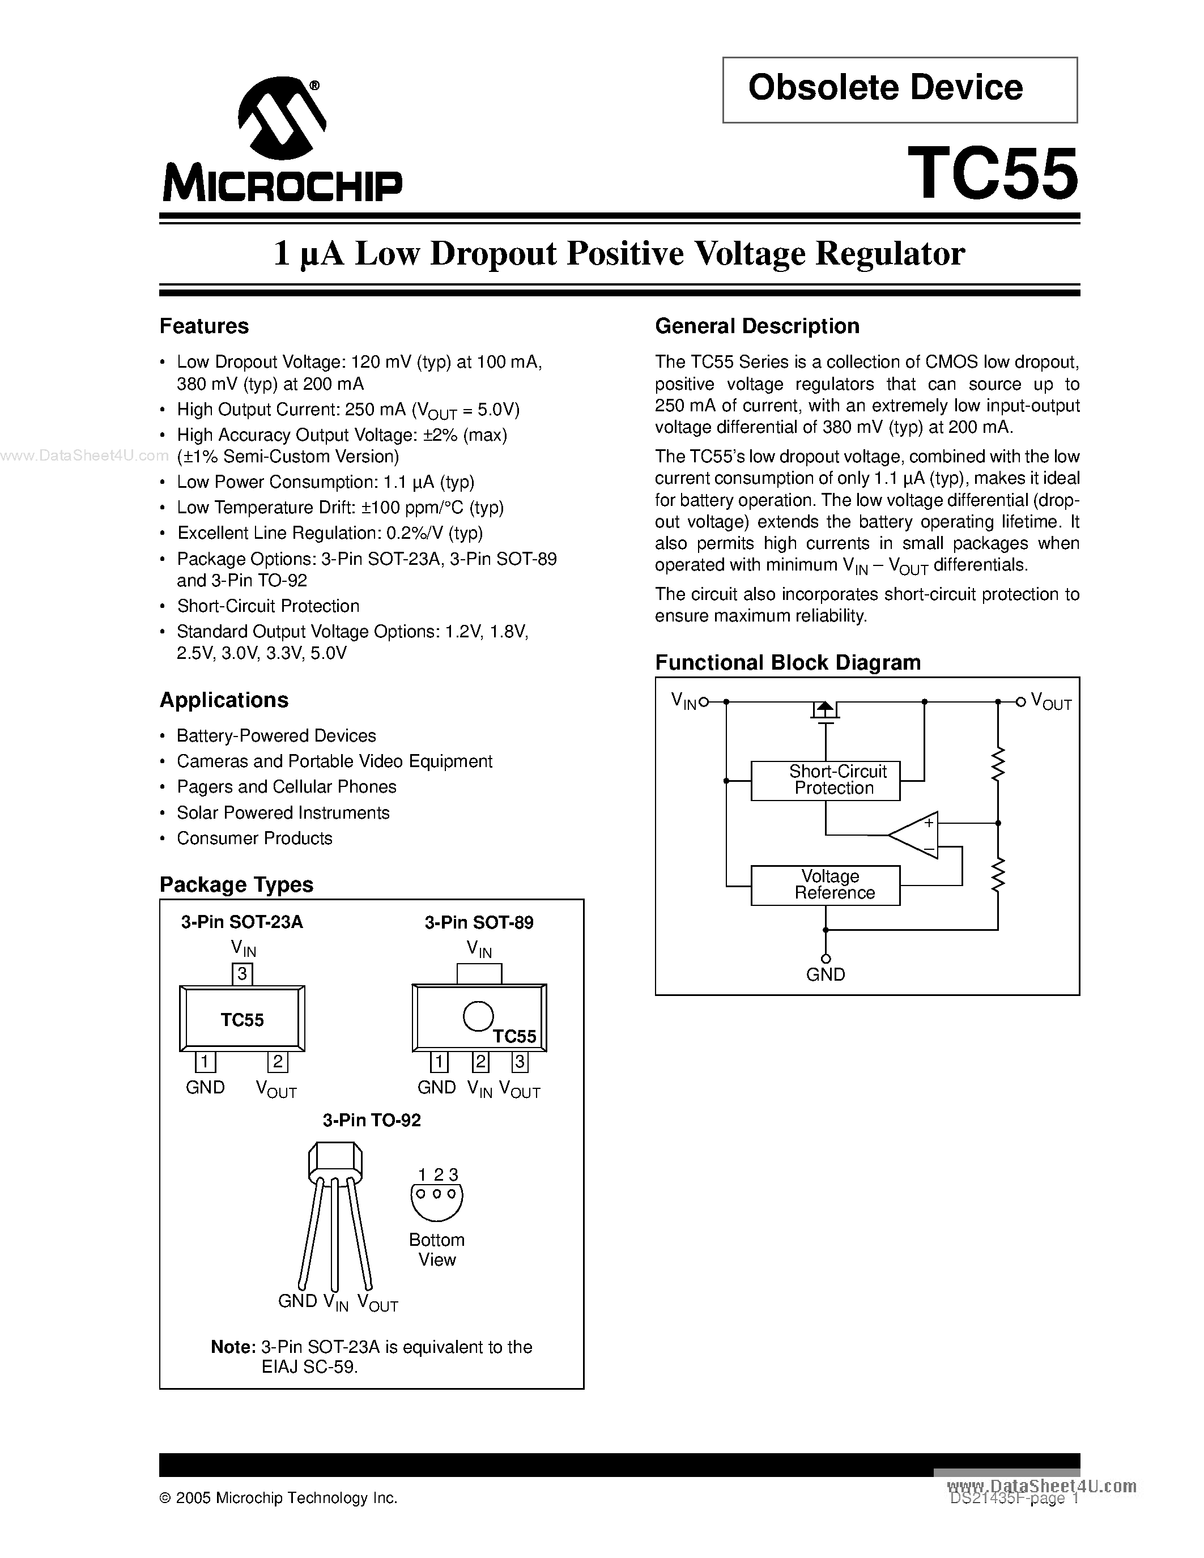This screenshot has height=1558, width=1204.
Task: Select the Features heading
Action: point(204,326)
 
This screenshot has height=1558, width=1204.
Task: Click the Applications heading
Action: point(224,700)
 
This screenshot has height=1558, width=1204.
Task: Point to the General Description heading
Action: point(757,326)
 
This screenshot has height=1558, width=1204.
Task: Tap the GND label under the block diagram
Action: point(826,974)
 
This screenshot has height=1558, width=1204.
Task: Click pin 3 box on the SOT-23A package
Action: point(242,974)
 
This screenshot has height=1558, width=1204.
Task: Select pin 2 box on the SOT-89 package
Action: point(480,1062)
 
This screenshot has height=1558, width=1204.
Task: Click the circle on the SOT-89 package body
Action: point(478,1016)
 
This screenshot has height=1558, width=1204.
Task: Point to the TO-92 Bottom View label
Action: point(436,1250)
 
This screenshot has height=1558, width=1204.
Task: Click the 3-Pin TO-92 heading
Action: point(372,1121)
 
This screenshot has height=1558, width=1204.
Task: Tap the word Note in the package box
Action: point(232,1347)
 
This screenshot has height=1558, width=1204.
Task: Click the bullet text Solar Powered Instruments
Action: point(283,812)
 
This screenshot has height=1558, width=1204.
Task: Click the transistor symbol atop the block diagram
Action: point(826,710)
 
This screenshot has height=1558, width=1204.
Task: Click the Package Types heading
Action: point(236,884)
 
